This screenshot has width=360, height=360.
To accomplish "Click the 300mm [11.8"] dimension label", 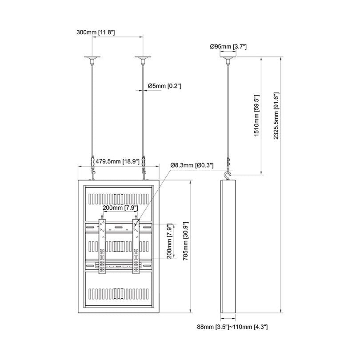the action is (96, 32).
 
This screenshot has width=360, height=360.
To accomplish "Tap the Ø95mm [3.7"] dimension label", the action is (228, 47).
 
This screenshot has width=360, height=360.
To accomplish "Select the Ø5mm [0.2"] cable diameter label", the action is (164, 86).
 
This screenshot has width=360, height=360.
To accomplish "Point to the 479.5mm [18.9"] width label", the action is (117, 161).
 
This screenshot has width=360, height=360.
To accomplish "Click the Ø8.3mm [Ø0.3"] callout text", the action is (192, 165).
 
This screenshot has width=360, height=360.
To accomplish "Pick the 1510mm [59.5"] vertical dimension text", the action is (256, 116).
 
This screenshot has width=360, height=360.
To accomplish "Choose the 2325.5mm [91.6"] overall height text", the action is (276, 116).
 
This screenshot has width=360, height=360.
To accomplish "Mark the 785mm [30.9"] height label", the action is (185, 241).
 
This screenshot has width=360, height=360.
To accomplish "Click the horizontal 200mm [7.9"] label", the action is (120, 208).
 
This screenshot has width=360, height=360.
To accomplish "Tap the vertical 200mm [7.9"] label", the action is (169, 241).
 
